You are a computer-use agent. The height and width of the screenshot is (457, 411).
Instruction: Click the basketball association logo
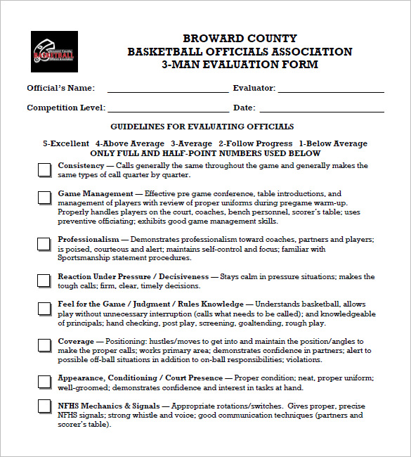tap(53, 52)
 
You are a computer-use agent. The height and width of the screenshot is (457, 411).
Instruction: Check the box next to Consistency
tap(44, 169)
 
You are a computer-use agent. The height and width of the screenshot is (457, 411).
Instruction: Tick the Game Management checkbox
tap(44, 198)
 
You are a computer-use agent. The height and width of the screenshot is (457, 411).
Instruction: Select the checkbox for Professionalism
tap(44, 243)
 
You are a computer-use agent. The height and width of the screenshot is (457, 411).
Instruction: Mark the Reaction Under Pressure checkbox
tap(44, 280)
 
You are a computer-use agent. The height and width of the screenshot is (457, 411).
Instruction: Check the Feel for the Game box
tap(44, 308)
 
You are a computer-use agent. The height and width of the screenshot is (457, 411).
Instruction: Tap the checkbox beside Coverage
tap(44, 345)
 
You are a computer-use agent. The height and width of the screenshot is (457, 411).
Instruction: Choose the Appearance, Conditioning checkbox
tap(44, 382)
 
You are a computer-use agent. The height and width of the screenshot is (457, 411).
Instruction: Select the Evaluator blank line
tap(331, 91)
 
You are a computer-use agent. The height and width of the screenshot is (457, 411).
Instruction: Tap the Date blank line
tap(322, 110)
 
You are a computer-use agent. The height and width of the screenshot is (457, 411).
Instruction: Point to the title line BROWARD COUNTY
tap(240, 39)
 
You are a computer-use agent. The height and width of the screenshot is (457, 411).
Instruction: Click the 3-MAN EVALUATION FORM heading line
tap(240, 65)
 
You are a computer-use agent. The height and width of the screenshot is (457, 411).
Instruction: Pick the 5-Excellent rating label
tap(66, 143)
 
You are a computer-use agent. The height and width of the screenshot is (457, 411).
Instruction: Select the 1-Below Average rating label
tap(333, 143)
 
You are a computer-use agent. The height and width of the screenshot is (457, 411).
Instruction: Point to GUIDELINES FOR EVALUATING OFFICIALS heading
tap(202, 127)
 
